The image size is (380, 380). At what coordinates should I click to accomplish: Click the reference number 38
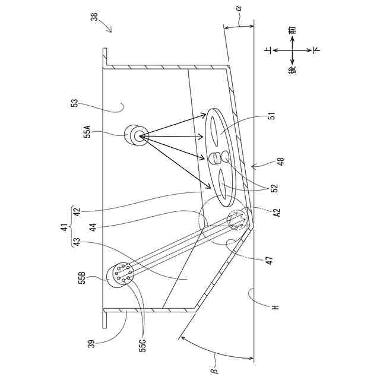(x=94, y=17)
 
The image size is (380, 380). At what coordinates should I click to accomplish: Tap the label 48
(x=280, y=161)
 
